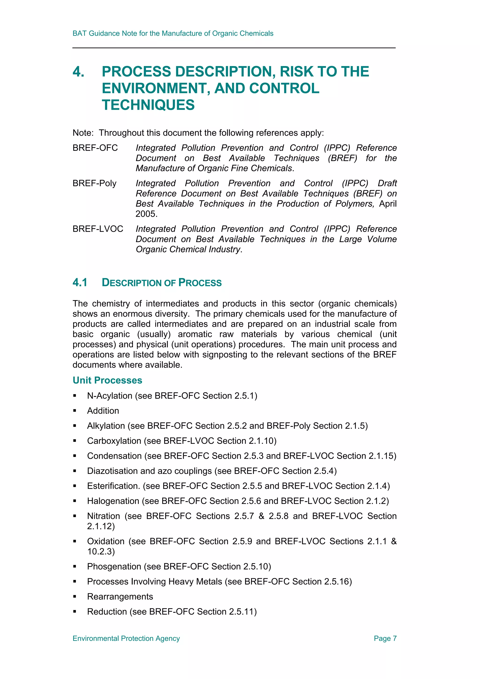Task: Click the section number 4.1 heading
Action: tap(80, 282)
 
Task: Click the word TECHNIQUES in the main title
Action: tap(148, 105)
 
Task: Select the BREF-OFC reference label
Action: tap(95, 148)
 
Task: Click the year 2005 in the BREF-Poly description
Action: tap(146, 214)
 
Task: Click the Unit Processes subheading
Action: tap(107, 380)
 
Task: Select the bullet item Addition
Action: tap(103, 410)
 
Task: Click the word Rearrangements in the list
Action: tap(120, 597)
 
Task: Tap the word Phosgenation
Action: tap(114, 566)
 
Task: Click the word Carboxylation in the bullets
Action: tap(114, 441)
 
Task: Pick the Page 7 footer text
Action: tap(385, 638)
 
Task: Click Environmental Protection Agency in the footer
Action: tap(126, 638)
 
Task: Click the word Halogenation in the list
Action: tap(113, 501)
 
